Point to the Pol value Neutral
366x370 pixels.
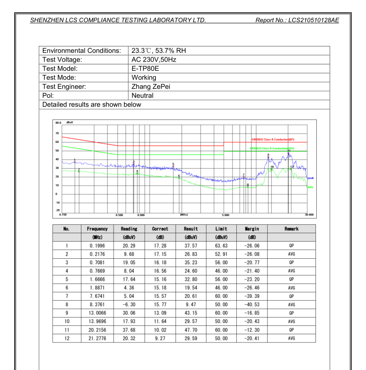click(143, 96)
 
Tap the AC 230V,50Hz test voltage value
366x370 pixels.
click(154, 60)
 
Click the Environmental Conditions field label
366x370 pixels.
click(82, 51)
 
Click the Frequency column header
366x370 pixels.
click(97, 229)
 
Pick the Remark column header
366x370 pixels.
click(292, 229)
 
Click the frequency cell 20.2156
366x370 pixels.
click(97, 330)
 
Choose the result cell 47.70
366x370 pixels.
click(191, 330)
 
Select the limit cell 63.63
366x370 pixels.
click(222, 246)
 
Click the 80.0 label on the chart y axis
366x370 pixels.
click(58, 123)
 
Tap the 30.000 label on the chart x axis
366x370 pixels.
click(309, 215)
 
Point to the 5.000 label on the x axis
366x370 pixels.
click(225, 215)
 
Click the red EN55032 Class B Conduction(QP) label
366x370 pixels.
click(273, 140)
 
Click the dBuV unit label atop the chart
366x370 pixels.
click(69, 123)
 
